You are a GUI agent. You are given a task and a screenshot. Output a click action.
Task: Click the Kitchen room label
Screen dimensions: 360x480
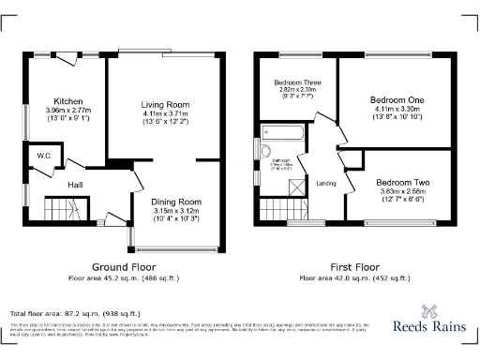[68, 100]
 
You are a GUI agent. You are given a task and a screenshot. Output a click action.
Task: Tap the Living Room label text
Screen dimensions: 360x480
[166, 104]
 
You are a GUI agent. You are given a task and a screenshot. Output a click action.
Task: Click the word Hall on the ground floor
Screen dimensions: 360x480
[75, 185]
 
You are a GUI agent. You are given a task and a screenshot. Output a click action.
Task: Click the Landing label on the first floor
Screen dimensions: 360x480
[326, 183]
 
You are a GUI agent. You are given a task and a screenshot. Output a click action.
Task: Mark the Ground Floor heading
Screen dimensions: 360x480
[123, 266]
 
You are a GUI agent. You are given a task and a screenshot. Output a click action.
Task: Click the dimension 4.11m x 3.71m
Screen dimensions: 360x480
[166, 113]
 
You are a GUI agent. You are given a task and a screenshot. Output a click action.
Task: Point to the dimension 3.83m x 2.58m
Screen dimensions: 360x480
[402, 191]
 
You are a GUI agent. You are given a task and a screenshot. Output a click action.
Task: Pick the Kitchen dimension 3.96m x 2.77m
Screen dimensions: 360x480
[68, 110]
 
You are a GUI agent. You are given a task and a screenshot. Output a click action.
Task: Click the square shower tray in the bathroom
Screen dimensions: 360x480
[297, 186]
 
